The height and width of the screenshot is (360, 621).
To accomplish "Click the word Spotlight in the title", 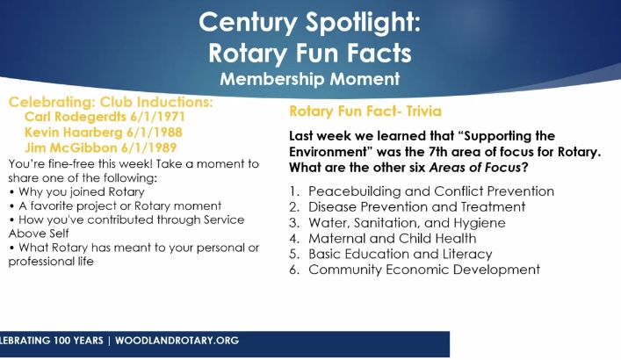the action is tap(363, 23).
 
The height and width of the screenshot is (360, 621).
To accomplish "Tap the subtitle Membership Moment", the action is tap(310, 79).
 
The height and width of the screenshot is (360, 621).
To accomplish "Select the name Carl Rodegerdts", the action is tap(76, 117).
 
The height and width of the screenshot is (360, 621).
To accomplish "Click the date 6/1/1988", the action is tap(155, 133).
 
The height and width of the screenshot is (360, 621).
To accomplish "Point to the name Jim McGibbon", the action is tap(71, 148).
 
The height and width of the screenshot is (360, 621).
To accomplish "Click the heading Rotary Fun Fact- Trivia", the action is tap(365, 112).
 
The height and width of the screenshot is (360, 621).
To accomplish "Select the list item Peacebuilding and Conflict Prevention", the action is tap(431, 191).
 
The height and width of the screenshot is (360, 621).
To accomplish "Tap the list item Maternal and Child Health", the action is tap(393, 239).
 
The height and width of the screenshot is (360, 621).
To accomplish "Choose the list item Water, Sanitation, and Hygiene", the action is tap(408, 223).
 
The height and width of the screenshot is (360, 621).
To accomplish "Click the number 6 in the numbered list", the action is tap(294, 270).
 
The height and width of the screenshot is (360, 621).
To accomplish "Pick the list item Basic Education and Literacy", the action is tap(401, 254).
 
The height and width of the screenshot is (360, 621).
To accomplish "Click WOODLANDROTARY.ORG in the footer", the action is tap(177, 341).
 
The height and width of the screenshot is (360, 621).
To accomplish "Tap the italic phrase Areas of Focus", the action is tap(475, 168).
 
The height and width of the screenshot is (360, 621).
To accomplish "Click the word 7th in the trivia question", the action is tap(439, 152).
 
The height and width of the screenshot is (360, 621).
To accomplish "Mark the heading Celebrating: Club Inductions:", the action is tap(111, 102).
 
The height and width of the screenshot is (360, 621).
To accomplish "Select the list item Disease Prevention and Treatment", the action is tap(417, 206).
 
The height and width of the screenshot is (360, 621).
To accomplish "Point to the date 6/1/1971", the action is tap(157, 117).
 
